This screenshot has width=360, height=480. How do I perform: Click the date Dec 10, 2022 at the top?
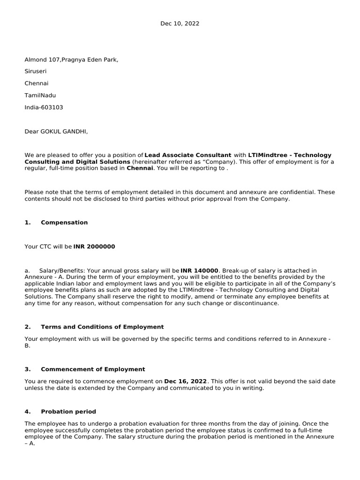coord(180,23)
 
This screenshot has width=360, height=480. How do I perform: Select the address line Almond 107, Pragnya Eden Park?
coord(71,60)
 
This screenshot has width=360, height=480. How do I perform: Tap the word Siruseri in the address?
coord(36,71)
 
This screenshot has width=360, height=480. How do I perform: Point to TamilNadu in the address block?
coord(39,95)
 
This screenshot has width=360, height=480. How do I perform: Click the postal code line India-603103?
coord(44,107)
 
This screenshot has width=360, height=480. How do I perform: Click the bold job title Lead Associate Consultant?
coord(188,155)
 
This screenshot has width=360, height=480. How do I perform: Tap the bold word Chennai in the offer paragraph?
coord(140,168)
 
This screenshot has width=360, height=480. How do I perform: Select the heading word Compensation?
coord(64,223)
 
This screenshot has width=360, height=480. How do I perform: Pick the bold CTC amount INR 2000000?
coord(94,247)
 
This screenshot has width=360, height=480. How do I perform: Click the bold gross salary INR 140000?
coord(199,270)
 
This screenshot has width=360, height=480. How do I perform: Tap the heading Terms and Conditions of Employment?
coord(102,327)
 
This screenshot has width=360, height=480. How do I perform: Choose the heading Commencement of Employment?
coord(93,369)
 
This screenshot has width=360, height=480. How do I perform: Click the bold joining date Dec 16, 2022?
coord(185,382)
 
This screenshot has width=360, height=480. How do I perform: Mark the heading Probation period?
coord(68,412)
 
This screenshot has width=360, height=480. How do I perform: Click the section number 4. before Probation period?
coord(27,412)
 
